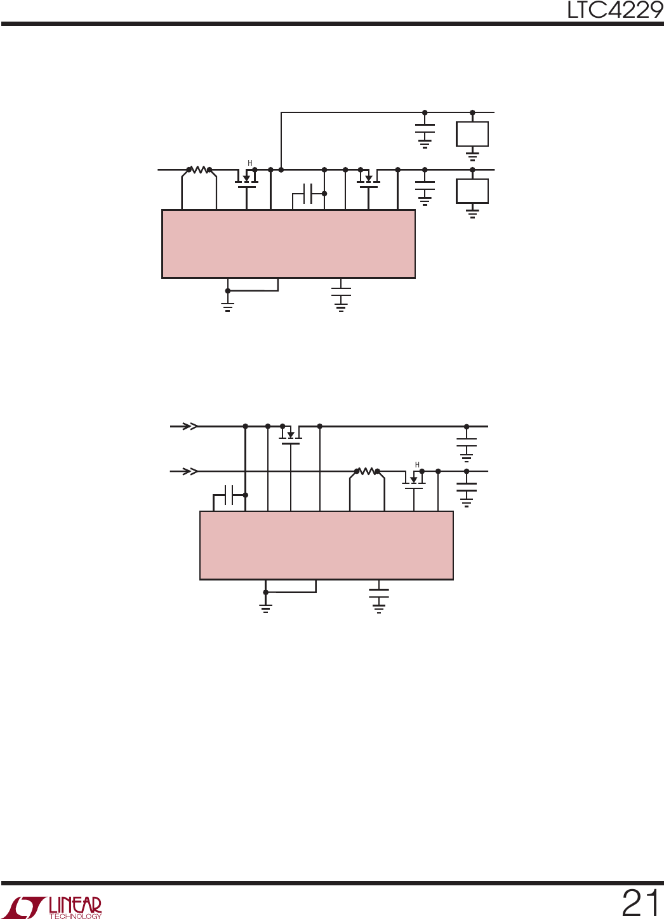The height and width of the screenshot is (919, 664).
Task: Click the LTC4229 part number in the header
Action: click(615, 10)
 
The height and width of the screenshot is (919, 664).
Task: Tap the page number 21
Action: click(641, 903)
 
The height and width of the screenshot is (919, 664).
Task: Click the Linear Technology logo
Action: click(55, 907)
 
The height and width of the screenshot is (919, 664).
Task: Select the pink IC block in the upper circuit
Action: click(288, 244)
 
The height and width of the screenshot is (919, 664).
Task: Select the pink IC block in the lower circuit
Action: click(326, 546)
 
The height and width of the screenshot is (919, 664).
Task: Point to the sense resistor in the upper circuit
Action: click(199, 170)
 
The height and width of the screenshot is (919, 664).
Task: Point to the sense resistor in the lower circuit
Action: click(367, 471)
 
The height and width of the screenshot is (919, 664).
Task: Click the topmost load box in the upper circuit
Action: click(472, 134)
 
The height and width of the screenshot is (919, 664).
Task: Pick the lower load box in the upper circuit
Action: click(472, 191)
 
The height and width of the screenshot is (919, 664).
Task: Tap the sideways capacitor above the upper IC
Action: click(308, 194)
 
